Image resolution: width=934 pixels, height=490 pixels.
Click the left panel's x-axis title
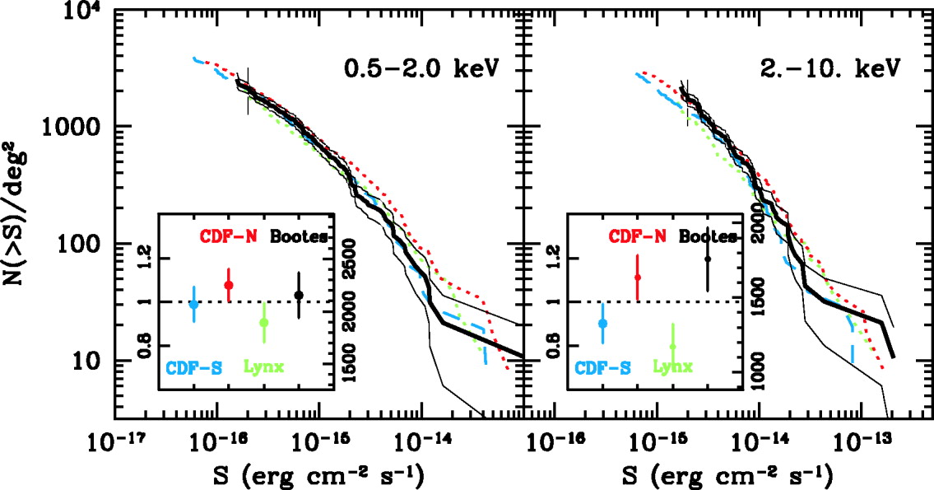click(318, 475)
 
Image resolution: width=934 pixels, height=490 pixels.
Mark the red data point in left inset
click(229, 285)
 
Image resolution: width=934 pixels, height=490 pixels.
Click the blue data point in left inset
click(193, 304)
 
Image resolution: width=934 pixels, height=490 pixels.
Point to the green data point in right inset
click(672, 346)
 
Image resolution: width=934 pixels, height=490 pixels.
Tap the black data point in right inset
click(708, 259)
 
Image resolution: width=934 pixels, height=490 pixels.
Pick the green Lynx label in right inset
click(673, 367)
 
